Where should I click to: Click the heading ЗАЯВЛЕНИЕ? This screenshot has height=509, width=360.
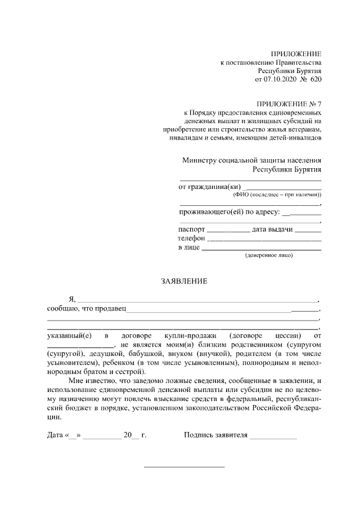point(184,281)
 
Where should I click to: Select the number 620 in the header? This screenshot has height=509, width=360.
point(316,80)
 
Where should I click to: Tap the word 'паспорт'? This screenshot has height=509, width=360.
point(191,229)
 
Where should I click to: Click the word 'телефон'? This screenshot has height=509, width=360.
point(191,238)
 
